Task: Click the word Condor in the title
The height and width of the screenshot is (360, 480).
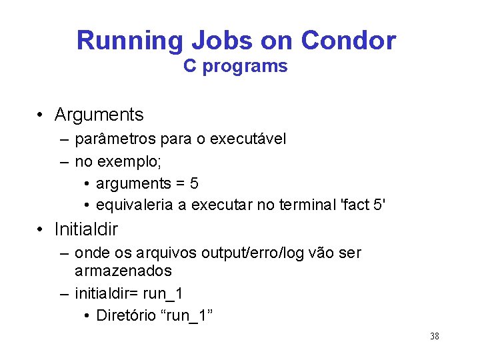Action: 348,41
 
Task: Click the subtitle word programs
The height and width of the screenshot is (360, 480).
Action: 254,66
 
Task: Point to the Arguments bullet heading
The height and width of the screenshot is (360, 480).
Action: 99,115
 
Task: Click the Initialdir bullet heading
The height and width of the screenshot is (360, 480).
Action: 86,229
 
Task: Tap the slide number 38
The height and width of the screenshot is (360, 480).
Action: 435,336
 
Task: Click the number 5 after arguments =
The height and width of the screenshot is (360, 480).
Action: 194,183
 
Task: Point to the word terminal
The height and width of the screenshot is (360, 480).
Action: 309,205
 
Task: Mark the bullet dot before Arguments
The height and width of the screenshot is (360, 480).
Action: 41,115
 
